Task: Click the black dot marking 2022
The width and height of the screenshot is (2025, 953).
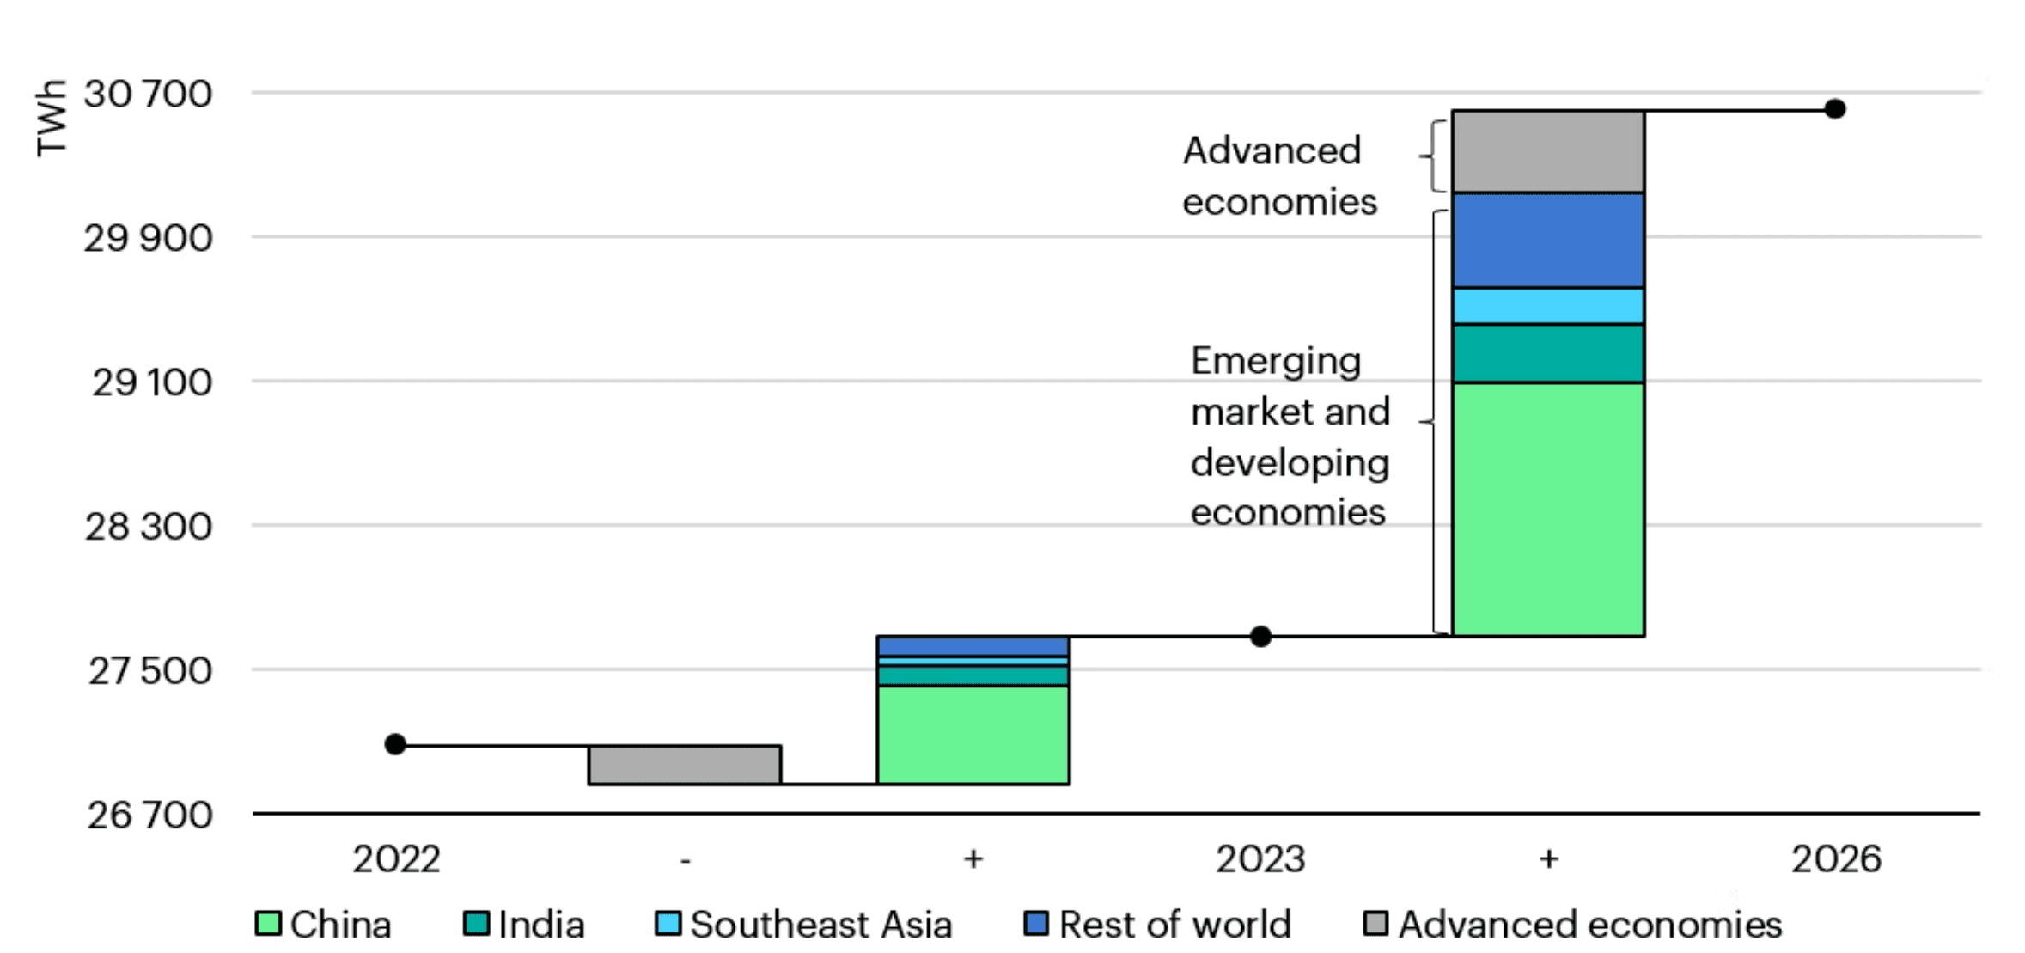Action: point(395,744)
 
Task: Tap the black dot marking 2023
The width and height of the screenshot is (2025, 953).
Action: point(1260,637)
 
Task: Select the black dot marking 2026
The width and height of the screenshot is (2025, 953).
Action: point(1835,109)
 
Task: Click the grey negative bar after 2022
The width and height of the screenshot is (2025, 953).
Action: point(685,765)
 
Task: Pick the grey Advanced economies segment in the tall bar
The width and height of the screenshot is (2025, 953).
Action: point(1548,151)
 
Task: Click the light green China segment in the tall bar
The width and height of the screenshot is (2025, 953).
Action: point(1548,510)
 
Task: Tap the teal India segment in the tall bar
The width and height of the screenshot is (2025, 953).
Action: point(1548,353)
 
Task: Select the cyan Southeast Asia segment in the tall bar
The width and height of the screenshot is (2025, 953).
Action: point(1548,306)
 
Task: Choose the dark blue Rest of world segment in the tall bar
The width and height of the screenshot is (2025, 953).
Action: point(1548,240)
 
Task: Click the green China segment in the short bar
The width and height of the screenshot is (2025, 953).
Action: point(973,735)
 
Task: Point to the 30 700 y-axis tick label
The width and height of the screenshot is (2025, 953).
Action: point(148,94)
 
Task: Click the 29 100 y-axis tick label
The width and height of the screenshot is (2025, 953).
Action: point(152,382)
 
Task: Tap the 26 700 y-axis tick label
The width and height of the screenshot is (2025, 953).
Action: point(149,815)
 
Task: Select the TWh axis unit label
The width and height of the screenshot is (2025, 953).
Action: point(52,118)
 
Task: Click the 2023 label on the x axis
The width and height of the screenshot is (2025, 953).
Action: point(1260,859)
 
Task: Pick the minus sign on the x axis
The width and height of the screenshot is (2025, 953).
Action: point(685,859)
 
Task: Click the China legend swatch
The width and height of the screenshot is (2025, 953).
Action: point(268,924)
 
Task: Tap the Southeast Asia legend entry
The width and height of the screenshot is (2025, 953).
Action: point(803,925)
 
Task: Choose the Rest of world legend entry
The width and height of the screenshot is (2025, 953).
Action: point(1157,925)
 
